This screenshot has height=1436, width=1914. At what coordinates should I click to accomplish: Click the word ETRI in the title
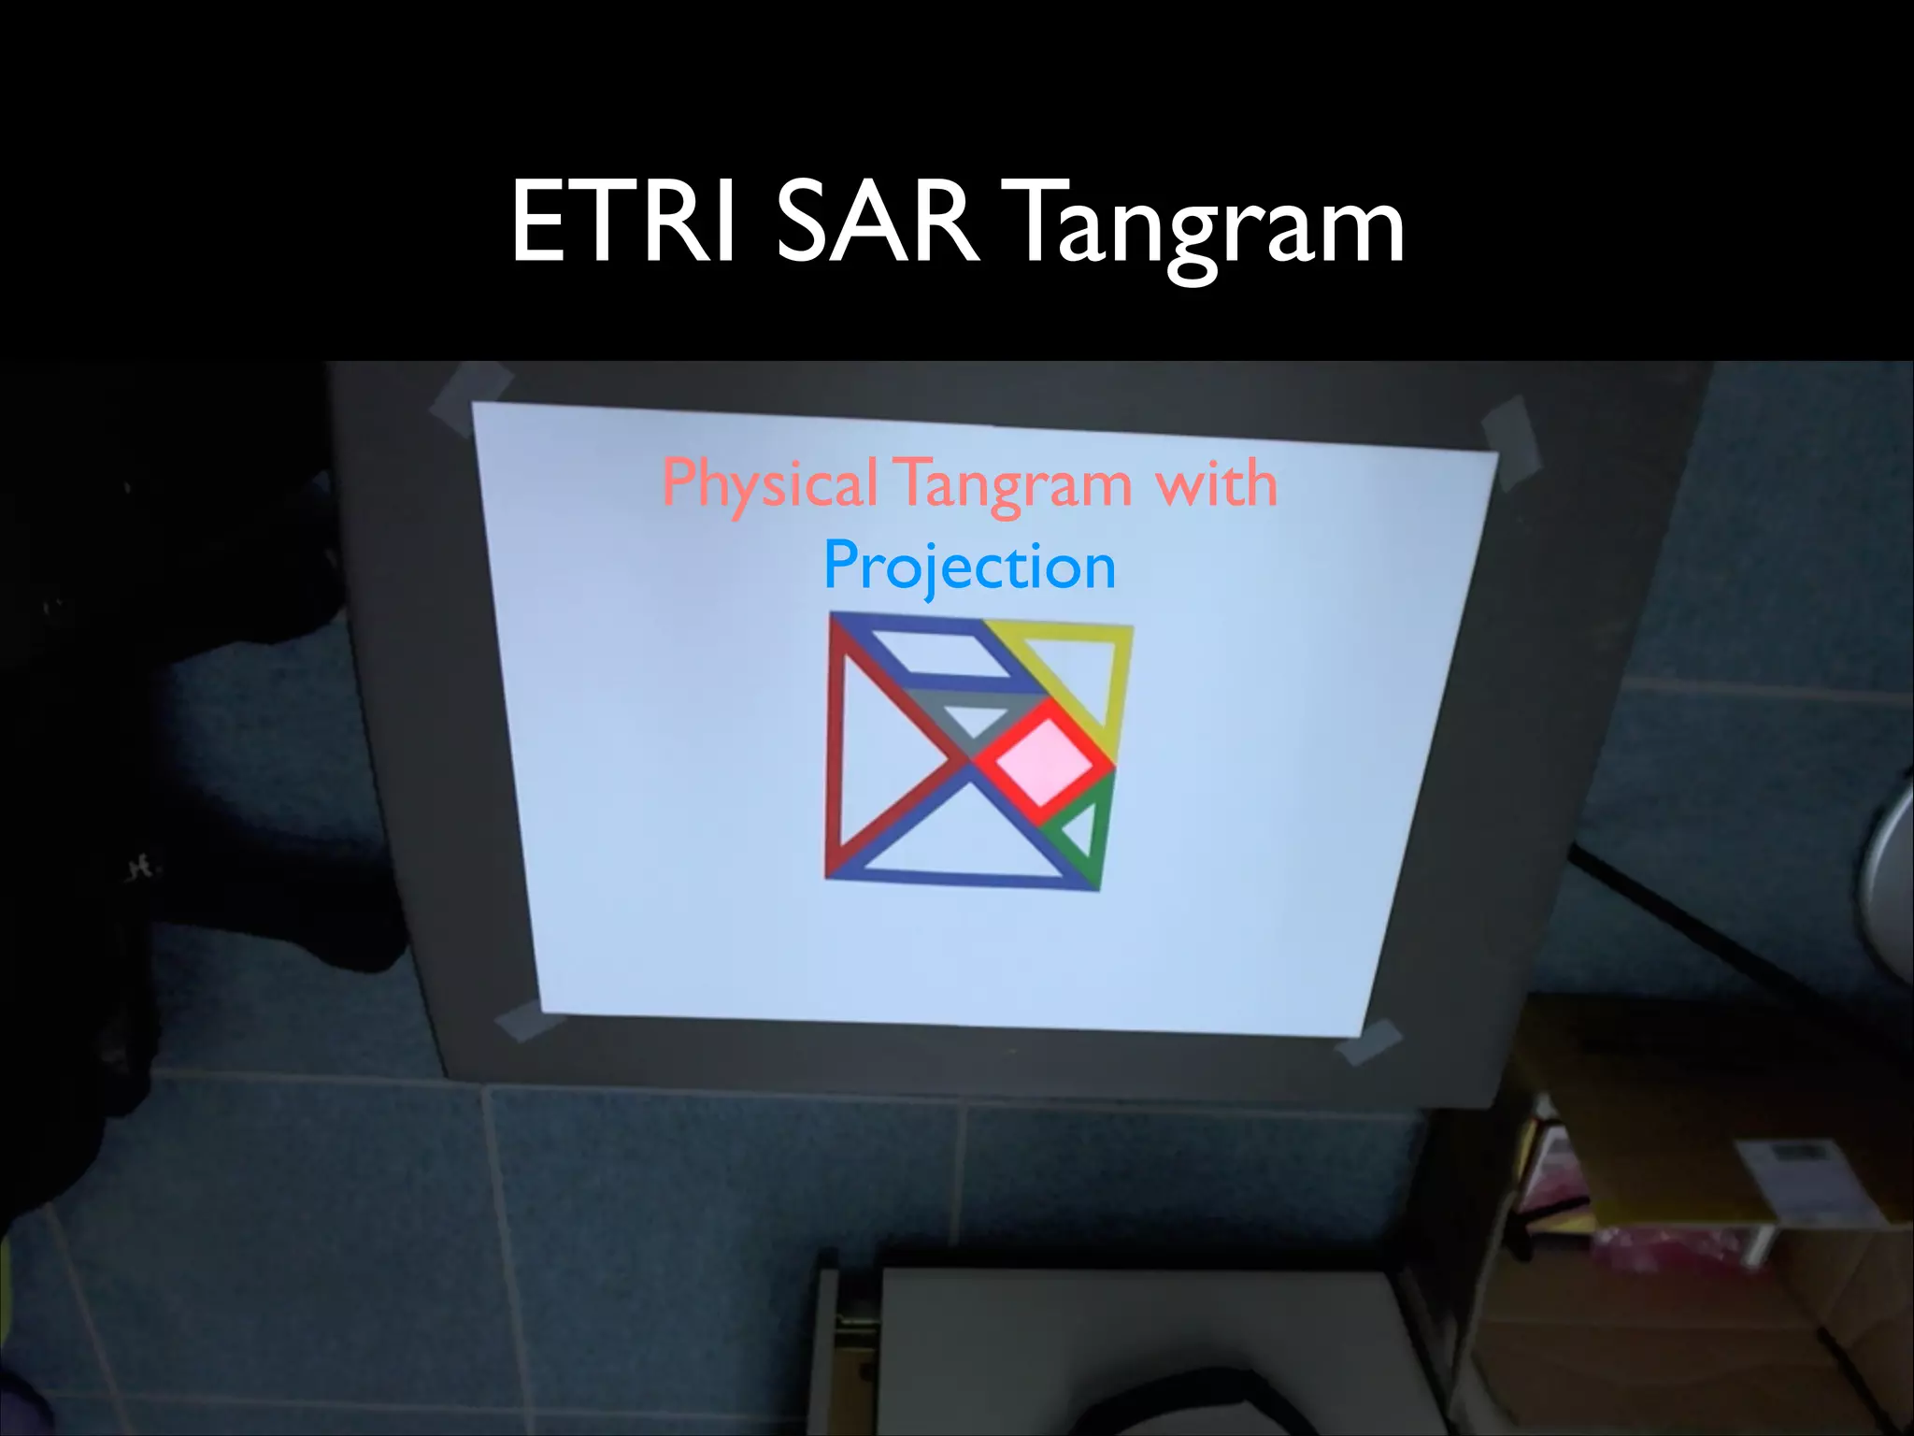(621, 224)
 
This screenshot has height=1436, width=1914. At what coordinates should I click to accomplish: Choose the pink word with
(1216, 484)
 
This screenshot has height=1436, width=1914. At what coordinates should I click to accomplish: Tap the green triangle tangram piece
(1084, 827)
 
